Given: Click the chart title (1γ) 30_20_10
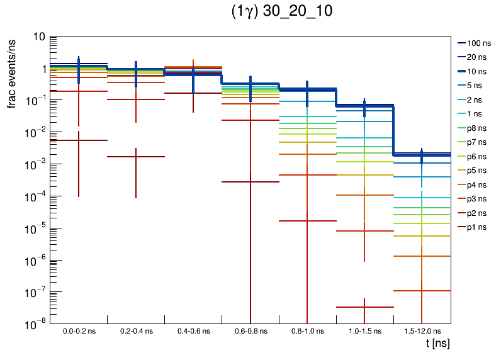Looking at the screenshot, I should (283, 13).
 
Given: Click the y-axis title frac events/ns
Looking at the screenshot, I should (12, 72).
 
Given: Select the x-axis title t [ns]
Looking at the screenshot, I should (437, 344).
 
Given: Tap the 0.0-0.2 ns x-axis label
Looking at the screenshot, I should (79, 330).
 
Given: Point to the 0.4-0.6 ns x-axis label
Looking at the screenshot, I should (193, 330).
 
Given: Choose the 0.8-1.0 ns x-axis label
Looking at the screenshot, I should (307, 330).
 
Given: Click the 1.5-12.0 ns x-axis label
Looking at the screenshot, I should (422, 330).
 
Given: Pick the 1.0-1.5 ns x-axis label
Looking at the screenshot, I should (364, 330).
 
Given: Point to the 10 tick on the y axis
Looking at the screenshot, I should (38, 37).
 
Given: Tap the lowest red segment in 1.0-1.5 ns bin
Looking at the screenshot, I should (364, 307).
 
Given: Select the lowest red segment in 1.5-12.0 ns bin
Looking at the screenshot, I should (422, 291).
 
